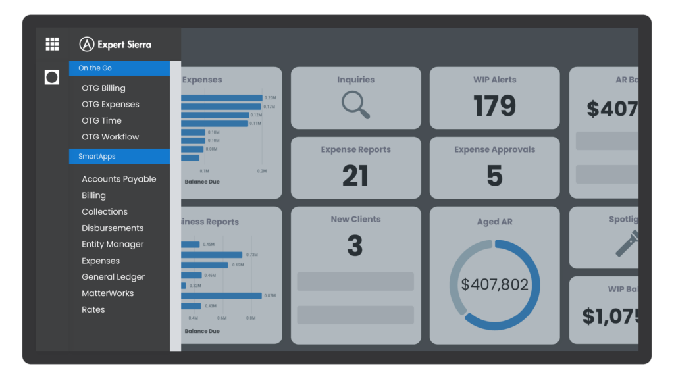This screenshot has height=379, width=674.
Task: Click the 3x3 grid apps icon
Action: pyautogui.click(x=52, y=44)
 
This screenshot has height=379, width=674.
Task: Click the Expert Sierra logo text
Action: pyautogui.click(x=124, y=45)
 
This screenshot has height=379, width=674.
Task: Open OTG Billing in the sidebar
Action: pyautogui.click(x=103, y=88)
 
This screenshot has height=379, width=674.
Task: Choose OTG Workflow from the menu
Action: pyautogui.click(x=111, y=137)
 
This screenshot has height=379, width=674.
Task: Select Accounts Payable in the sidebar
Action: pyautogui.click(x=119, y=179)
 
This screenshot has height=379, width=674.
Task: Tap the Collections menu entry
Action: pyautogui.click(x=105, y=212)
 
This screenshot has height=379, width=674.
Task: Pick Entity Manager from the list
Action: pyautogui.click(x=113, y=244)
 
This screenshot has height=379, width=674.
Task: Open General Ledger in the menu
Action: pyautogui.click(x=113, y=277)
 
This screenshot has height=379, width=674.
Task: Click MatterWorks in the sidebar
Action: pyautogui.click(x=108, y=293)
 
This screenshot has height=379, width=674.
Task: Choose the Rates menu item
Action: pyautogui.click(x=93, y=310)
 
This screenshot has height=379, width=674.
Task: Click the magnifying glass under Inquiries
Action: pyautogui.click(x=355, y=105)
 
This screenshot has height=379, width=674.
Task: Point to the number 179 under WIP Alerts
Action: pyautogui.click(x=494, y=106)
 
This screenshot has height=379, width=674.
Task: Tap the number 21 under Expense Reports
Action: pyautogui.click(x=355, y=176)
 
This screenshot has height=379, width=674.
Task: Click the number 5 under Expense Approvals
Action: pyautogui.click(x=494, y=176)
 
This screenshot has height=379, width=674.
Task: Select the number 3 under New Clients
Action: pyautogui.click(x=355, y=246)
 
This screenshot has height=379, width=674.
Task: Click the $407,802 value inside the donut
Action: pyautogui.click(x=494, y=285)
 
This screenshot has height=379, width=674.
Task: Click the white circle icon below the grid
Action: pyautogui.click(x=52, y=78)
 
